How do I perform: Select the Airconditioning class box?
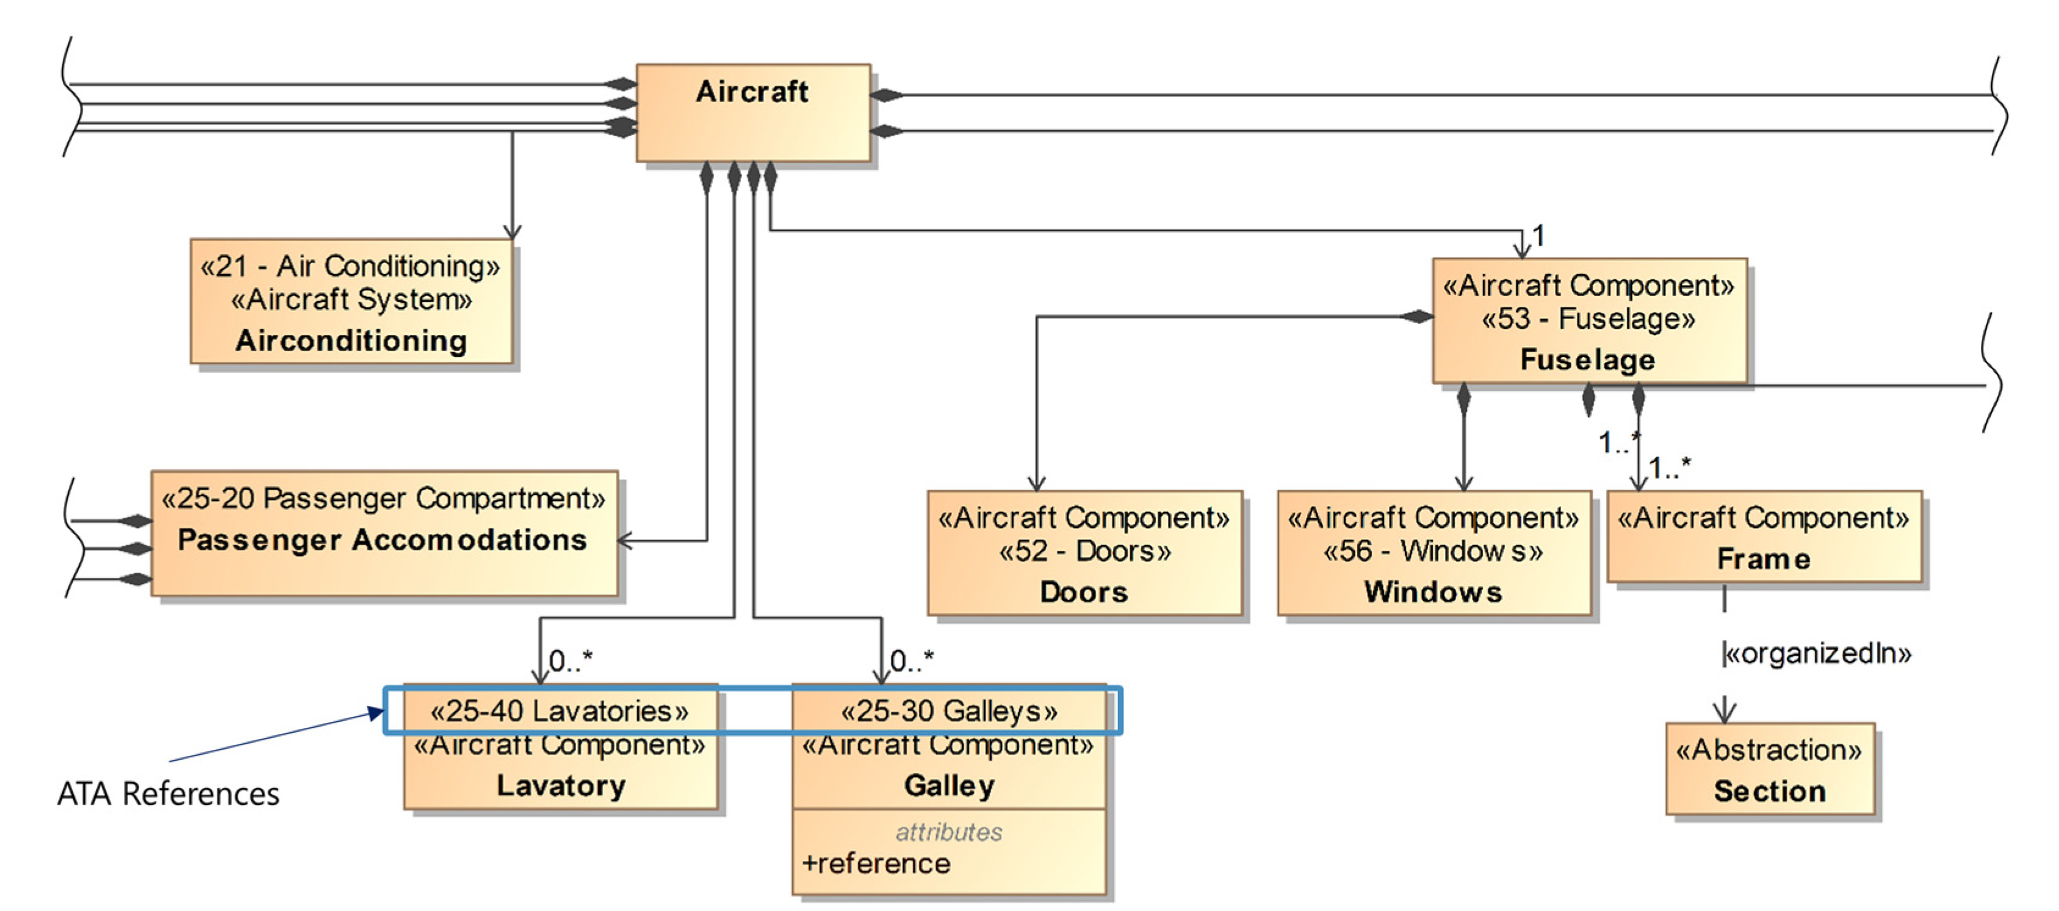(351, 302)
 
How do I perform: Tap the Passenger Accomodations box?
(384, 533)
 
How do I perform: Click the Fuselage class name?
(1587, 359)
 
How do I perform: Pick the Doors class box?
(1084, 553)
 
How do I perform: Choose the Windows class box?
(1433, 553)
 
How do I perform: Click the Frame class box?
(1763, 537)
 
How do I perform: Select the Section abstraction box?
(1769, 769)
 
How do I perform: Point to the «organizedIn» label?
(1816, 654)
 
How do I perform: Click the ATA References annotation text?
(168, 793)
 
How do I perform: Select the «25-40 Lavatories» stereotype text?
(559, 710)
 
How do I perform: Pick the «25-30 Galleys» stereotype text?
(949, 710)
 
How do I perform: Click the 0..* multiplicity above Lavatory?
(571, 661)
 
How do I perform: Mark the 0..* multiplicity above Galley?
(911, 661)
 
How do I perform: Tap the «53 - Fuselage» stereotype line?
(1587, 319)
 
